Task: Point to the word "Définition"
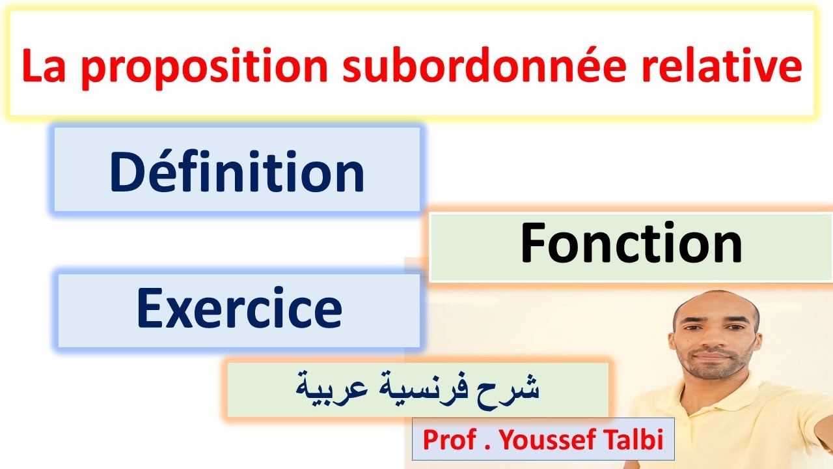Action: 237,172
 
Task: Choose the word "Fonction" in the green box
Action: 631,244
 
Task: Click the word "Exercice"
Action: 239,309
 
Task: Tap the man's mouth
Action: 716,360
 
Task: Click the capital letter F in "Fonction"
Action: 534,244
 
